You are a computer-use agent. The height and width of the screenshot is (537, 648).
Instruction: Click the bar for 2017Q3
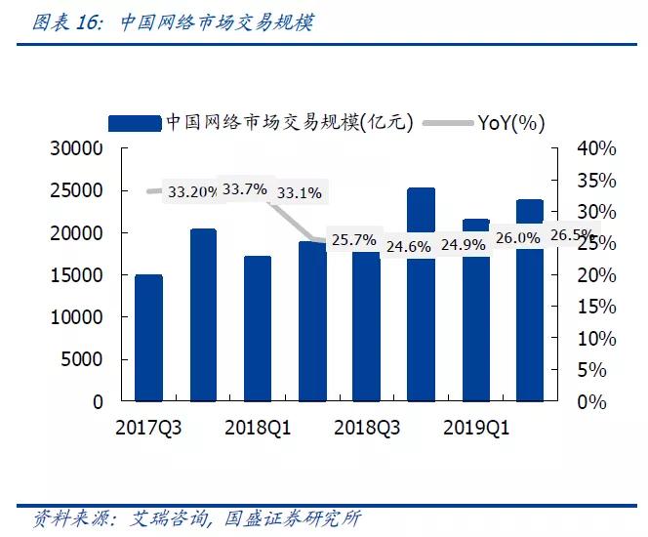click(148, 338)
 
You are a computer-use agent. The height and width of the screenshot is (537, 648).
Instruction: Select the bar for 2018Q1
click(257, 328)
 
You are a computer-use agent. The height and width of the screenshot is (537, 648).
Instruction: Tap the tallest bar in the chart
click(421, 294)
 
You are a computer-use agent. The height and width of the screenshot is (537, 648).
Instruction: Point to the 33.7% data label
click(244, 188)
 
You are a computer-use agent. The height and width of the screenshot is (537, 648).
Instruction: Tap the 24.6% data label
click(408, 246)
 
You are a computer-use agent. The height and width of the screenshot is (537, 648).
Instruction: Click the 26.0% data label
click(517, 237)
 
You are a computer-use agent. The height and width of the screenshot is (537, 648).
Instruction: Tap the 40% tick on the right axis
click(596, 148)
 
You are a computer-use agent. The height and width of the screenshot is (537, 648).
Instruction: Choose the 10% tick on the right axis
click(596, 339)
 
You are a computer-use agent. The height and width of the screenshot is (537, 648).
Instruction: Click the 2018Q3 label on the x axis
click(366, 428)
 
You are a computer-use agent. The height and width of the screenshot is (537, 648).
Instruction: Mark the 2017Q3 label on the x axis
click(148, 428)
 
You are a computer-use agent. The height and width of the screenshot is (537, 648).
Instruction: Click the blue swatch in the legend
click(134, 122)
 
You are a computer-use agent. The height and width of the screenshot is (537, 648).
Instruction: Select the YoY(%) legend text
click(511, 122)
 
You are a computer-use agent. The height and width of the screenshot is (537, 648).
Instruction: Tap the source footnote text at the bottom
click(196, 517)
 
